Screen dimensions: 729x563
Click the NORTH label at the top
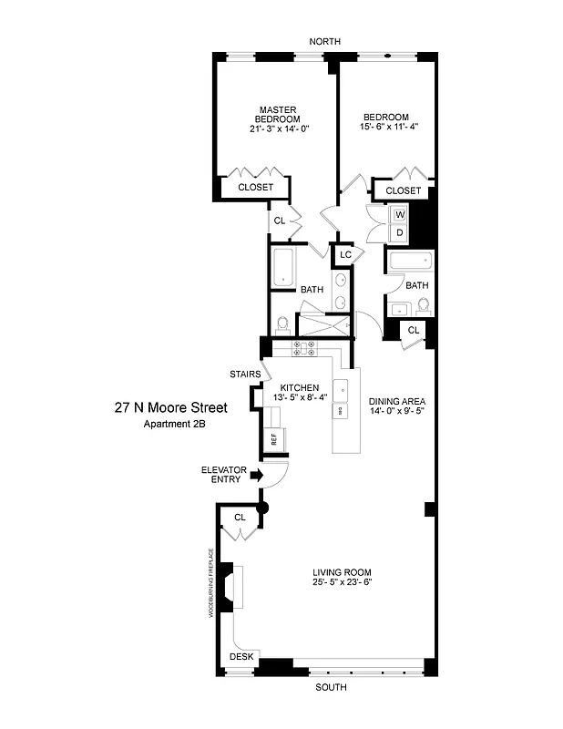(323, 42)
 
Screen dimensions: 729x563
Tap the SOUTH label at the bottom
(331, 687)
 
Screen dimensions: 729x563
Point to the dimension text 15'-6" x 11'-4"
(385, 128)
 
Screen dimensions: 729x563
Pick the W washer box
(399, 215)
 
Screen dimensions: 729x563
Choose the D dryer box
(399, 233)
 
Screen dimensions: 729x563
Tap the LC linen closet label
(345, 254)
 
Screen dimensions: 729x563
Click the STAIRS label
(243, 374)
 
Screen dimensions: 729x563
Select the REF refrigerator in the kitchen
(273, 438)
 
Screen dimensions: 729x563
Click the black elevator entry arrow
(257, 475)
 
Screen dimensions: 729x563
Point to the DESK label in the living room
(241, 656)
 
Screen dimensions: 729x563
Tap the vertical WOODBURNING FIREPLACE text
(210, 583)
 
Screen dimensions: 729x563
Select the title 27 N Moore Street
(170, 407)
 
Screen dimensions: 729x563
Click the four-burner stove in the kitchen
(303, 347)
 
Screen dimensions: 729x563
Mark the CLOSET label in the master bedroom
(255, 188)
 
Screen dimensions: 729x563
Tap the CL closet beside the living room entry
(241, 517)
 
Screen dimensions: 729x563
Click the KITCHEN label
(299, 387)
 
